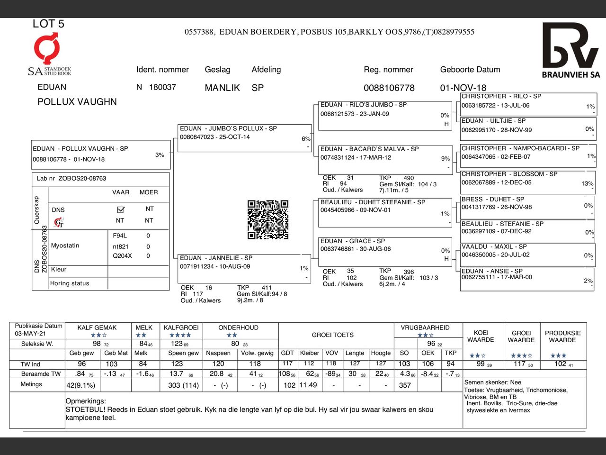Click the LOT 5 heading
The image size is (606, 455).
pyautogui.click(x=48, y=24)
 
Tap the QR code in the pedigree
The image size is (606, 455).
pyautogui.click(x=268, y=219)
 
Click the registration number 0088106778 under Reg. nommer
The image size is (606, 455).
pyautogui.click(x=389, y=88)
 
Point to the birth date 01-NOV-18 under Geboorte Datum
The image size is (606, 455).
pyautogui.click(x=463, y=88)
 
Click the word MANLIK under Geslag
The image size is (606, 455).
pyautogui.click(x=222, y=88)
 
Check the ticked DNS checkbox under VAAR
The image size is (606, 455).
pyautogui.click(x=120, y=209)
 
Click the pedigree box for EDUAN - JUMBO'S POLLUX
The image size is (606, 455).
pyautogui.click(x=244, y=137)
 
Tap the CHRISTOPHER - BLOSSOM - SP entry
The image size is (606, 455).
pyautogui.click(x=527, y=182)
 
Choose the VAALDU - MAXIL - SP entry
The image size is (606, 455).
pyautogui.click(x=527, y=255)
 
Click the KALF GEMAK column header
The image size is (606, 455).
pyautogui.click(x=97, y=328)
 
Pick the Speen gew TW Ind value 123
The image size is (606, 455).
pyautogui.click(x=177, y=364)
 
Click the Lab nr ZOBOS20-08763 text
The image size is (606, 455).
pyautogui.click(x=71, y=179)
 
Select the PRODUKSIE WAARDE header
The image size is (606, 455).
pyautogui.click(x=562, y=337)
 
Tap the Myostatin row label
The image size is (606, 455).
pyautogui.click(x=65, y=246)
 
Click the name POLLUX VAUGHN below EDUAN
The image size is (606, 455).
pyautogui.click(x=77, y=102)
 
